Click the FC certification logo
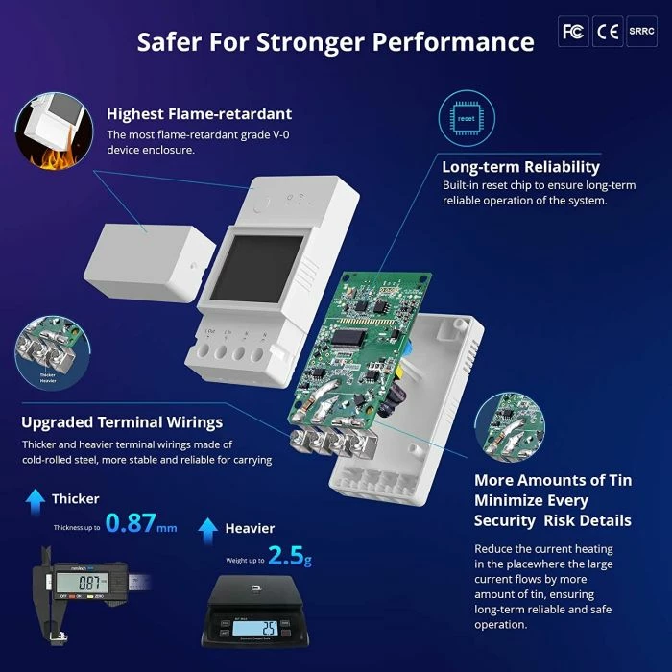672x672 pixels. (573, 32)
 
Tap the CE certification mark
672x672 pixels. (607, 32)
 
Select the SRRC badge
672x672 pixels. (641, 32)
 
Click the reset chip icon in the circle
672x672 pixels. (466, 120)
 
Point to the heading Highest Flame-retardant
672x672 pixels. (199, 114)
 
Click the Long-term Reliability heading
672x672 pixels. (520, 167)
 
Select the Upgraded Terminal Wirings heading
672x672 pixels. (122, 422)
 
